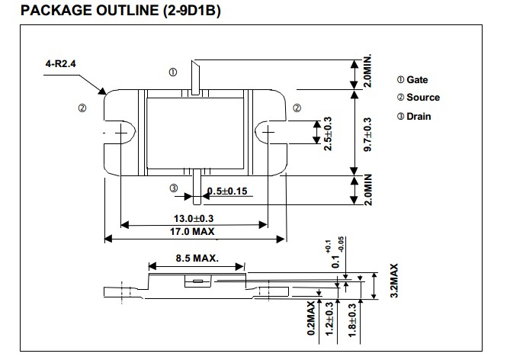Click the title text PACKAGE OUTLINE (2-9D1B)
tap(120, 10)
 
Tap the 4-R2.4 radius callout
tap(60, 63)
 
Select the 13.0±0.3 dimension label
tap(194, 218)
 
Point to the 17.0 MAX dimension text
tap(192, 231)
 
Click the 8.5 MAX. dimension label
tap(197, 258)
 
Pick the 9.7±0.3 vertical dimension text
tap(367, 134)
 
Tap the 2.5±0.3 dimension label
tap(328, 133)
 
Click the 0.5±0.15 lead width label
tap(227, 191)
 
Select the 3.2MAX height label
tap(394, 281)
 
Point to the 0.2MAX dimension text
tap(311, 318)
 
